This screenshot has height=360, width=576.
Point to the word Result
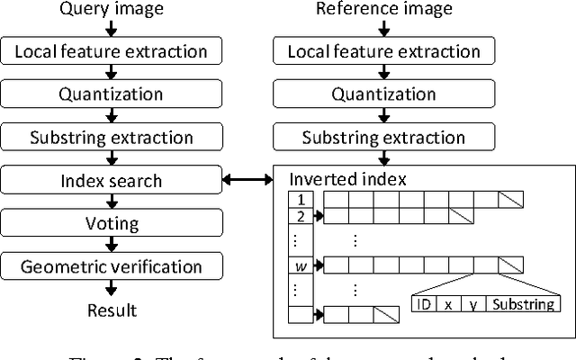(x=112, y=310)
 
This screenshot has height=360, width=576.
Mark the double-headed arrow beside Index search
(x=248, y=181)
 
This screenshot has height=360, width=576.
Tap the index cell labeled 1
(x=300, y=199)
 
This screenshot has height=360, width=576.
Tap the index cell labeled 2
(x=300, y=216)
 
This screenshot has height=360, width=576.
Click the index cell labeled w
(x=300, y=265)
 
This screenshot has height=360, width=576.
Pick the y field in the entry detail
(x=472, y=304)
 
